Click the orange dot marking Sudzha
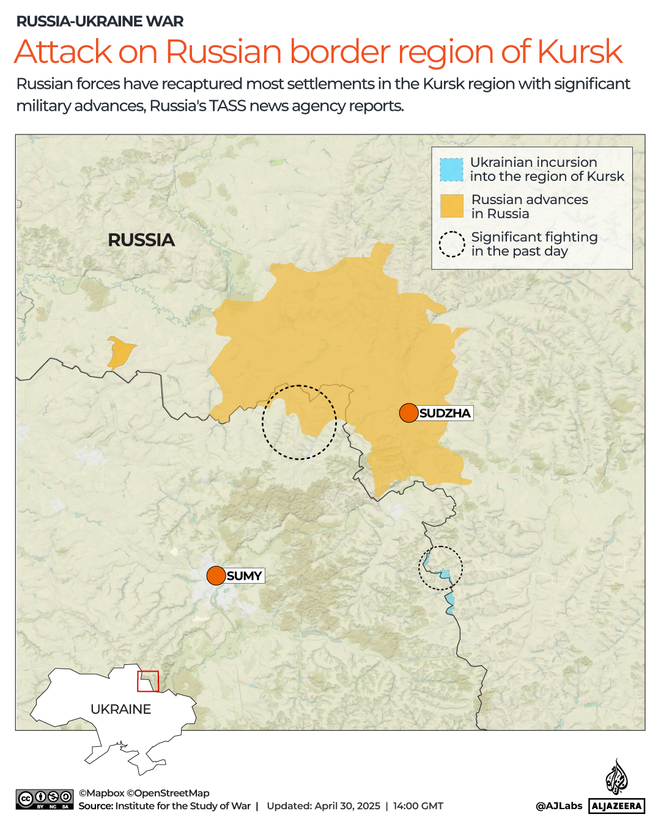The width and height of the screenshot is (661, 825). click(x=408, y=413)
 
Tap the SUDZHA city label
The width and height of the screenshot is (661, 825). click(x=445, y=414)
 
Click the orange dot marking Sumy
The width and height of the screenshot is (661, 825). click(x=216, y=576)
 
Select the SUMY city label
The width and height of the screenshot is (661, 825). click(x=244, y=576)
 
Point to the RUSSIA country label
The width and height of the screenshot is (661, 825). click(x=141, y=240)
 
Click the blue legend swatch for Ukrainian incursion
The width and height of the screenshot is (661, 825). click(x=451, y=170)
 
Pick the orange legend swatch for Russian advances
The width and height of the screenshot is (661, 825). click(x=452, y=207)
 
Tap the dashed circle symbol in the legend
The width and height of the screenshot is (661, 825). click(x=452, y=244)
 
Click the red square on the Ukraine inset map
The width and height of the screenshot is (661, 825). click(x=148, y=681)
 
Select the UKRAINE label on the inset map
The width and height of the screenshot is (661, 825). click(x=120, y=710)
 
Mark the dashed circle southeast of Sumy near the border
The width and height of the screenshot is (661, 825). click(x=440, y=568)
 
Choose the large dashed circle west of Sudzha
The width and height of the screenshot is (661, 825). click(x=299, y=422)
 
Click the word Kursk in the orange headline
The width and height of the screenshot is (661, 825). click(x=580, y=52)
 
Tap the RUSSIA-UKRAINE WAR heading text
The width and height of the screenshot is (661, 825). click(x=100, y=21)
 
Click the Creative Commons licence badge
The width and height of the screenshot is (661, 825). click(x=45, y=799)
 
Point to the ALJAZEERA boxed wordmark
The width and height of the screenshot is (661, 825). click(x=616, y=806)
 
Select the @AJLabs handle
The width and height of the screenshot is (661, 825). click(x=559, y=806)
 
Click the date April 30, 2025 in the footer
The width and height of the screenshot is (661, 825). click(x=347, y=806)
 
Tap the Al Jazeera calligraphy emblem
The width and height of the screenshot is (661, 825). click(x=616, y=777)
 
